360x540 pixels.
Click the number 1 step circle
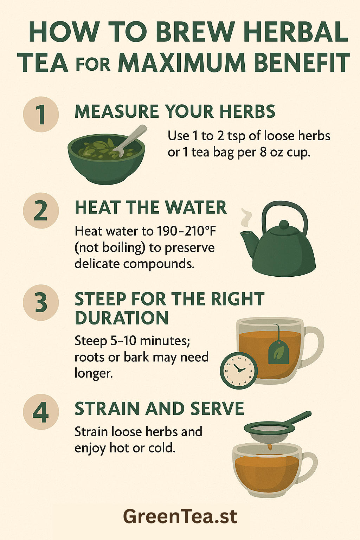coord(41,114)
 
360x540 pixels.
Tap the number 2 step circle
coord(41,210)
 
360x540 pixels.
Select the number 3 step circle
coord(41,303)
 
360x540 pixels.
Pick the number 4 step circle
coord(41,412)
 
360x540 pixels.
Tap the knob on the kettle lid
coord(283,224)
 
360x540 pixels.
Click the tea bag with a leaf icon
coord(278,353)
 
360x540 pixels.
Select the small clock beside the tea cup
coord(239,371)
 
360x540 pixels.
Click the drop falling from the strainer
coord(270,447)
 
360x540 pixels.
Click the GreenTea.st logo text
coord(180,516)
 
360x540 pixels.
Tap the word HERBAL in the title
coord(295,32)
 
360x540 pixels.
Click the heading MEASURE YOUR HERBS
coord(175,112)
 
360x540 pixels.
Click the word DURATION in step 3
coord(122,318)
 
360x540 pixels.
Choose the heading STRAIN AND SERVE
coord(159,409)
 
